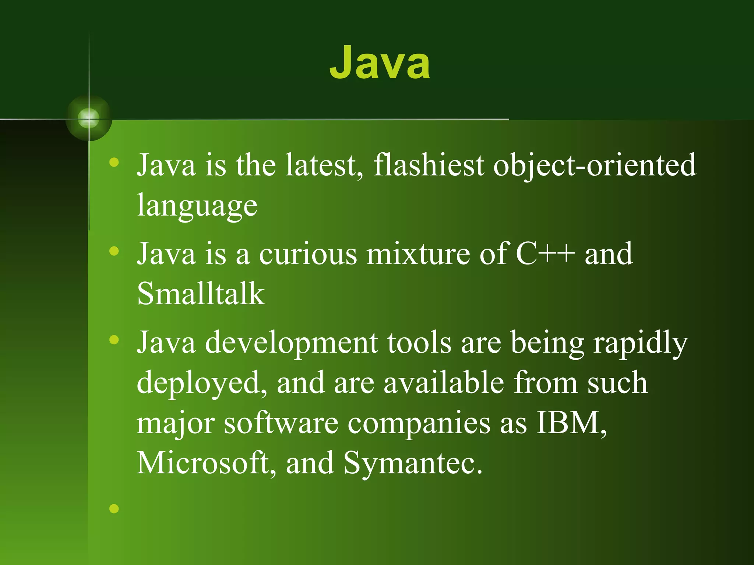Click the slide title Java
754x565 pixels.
[x=380, y=63]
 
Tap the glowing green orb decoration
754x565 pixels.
[x=89, y=118]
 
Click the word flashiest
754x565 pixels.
[x=429, y=165]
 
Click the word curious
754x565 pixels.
[x=308, y=254]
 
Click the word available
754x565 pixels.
[x=444, y=383]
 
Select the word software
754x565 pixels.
[x=281, y=423]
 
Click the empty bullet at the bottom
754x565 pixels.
[x=114, y=509]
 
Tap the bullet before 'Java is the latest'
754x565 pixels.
[x=114, y=162]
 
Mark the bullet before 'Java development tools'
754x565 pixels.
[x=114, y=340]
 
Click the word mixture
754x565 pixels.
[x=418, y=254]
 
